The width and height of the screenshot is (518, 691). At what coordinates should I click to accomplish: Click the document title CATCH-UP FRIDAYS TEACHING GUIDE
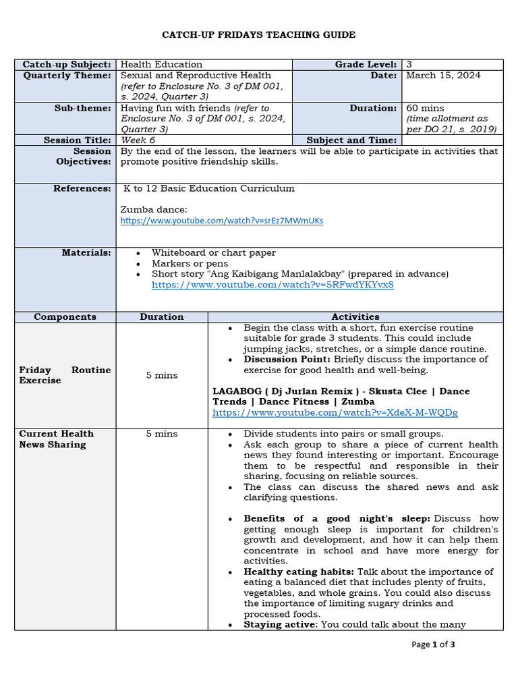pyautogui.click(x=259, y=34)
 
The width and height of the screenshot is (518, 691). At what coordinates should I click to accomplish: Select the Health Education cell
pyautogui.click(x=161, y=65)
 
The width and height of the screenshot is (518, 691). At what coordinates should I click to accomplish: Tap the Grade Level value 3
pyautogui.click(x=409, y=65)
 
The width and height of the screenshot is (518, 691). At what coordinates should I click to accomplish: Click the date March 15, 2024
pyautogui.click(x=443, y=76)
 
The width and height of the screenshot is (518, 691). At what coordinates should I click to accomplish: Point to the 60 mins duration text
pyautogui.click(x=425, y=108)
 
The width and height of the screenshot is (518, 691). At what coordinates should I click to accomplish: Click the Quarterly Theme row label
pyautogui.click(x=67, y=76)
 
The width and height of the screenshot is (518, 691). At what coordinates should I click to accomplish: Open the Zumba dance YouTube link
pyautogui.click(x=222, y=221)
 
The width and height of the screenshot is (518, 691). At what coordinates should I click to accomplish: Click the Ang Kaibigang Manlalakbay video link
pyautogui.click(x=272, y=285)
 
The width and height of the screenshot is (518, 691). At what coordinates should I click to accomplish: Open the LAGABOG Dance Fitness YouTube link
pyautogui.click(x=335, y=412)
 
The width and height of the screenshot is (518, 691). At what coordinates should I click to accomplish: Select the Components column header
pyautogui.click(x=65, y=316)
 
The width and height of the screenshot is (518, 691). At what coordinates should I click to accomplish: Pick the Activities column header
pyautogui.click(x=355, y=316)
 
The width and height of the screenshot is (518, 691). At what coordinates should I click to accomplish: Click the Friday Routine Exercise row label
pyautogui.click(x=65, y=375)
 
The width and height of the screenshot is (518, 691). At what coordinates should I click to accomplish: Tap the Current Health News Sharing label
pyautogui.click(x=57, y=439)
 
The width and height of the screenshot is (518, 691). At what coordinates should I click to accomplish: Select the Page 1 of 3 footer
pyautogui.click(x=433, y=644)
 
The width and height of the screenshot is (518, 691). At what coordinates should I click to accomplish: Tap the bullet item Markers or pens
pyautogui.click(x=190, y=263)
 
